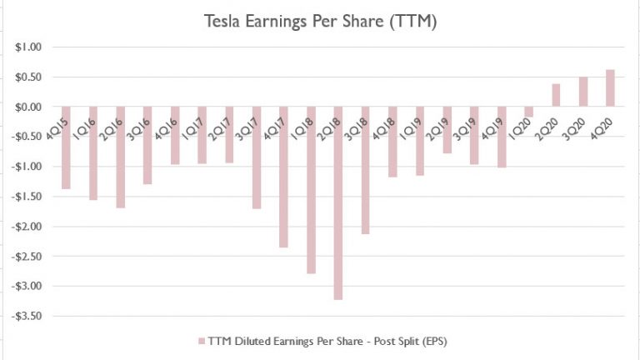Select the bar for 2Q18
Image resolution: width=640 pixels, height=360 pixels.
click(x=338, y=202)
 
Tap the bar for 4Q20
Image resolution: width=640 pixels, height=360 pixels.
click(x=611, y=88)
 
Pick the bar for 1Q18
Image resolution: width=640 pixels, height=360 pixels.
click(x=311, y=190)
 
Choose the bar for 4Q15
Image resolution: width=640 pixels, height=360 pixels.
click(x=66, y=147)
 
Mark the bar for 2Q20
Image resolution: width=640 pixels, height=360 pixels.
click(x=556, y=95)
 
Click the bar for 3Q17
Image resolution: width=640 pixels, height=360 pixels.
click(x=257, y=157)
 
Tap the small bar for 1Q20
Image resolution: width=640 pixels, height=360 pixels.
click(x=528, y=112)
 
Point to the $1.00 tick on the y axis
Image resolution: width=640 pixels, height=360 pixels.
click(x=27, y=47)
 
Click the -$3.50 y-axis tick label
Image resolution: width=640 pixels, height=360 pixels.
click(x=25, y=316)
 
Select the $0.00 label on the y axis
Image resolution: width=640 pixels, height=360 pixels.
click(x=27, y=107)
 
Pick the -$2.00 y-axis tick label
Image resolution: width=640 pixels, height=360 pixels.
click(x=25, y=227)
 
